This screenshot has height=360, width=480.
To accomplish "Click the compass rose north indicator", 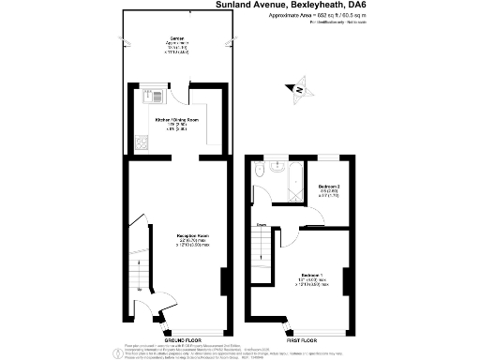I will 299,90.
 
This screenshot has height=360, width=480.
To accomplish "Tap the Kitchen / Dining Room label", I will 177,121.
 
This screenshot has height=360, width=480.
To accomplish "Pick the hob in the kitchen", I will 142,143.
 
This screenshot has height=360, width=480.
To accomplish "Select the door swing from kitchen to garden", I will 195,97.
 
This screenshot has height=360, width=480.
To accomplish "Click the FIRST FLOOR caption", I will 299,339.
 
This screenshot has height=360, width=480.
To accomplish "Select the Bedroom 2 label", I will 327,187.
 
